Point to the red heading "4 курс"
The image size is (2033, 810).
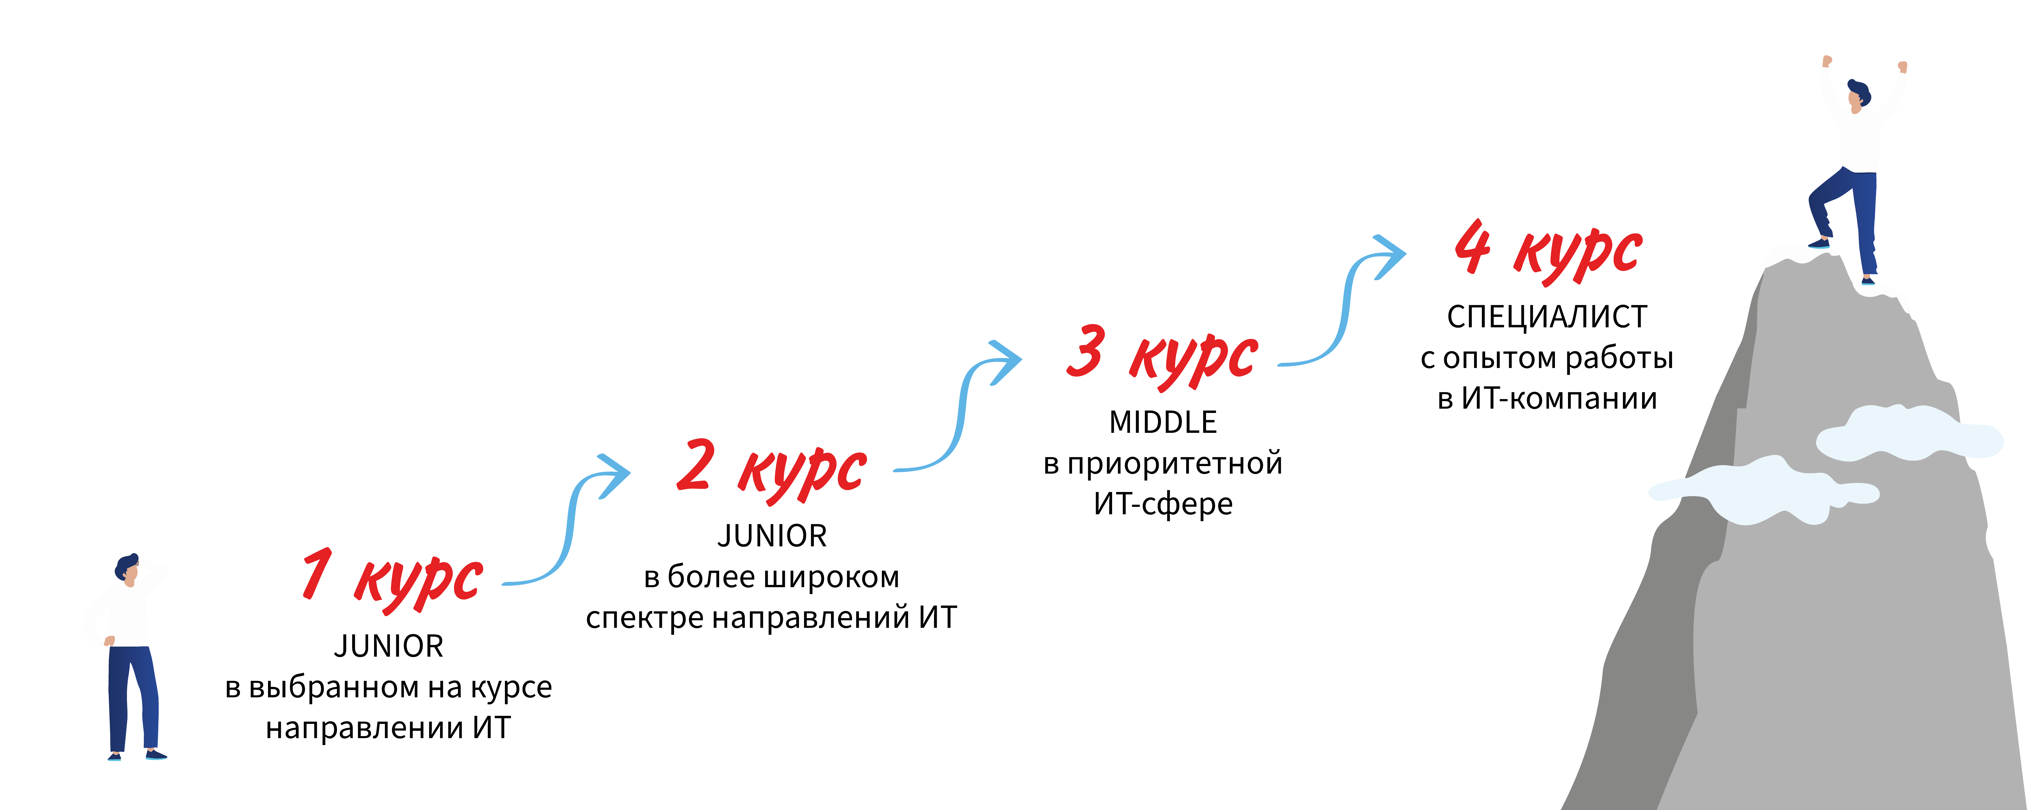pos(1548,251)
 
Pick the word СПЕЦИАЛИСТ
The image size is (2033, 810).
pos(1547,317)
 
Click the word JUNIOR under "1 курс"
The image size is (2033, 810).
pos(388,647)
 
